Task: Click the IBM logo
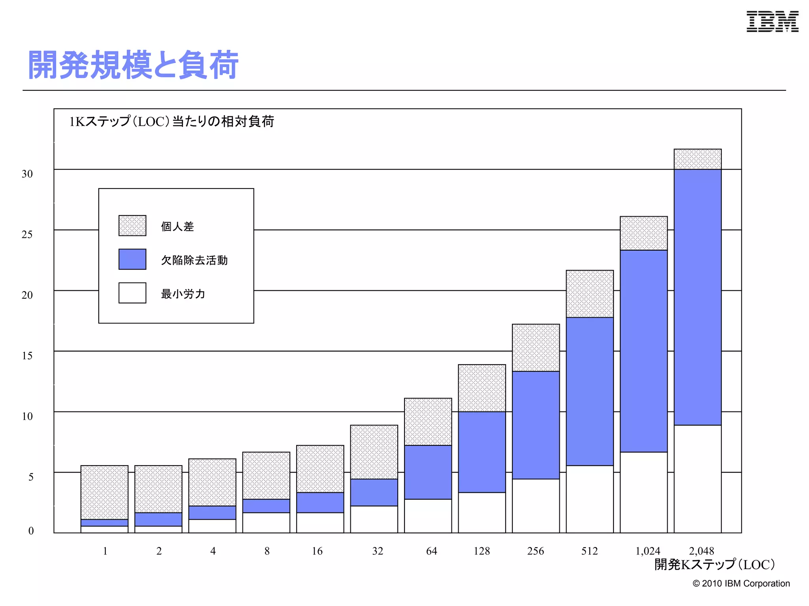[772, 21]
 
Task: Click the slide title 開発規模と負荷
[133, 65]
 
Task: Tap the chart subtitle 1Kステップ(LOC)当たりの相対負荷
[171, 122]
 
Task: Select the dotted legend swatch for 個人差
[132, 226]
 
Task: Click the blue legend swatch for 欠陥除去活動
[132, 259]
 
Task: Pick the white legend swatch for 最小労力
[132, 293]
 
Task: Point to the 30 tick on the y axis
[27, 174]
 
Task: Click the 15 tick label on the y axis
[27, 356]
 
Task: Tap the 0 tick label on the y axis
[31, 531]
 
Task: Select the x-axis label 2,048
[702, 551]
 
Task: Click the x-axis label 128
[482, 551]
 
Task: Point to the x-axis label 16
[317, 551]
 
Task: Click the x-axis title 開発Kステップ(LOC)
[715, 565]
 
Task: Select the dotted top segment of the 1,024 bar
[644, 233]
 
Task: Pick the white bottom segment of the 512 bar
[590, 499]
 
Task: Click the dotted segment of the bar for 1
[104, 492]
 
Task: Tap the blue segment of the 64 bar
[428, 472]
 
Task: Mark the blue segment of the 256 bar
[536, 425]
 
